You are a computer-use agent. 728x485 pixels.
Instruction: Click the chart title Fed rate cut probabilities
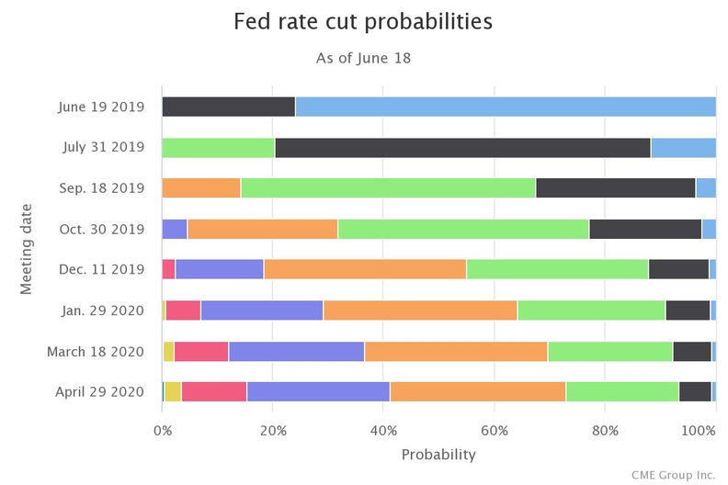click(x=363, y=21)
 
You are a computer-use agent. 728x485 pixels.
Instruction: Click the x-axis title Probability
click(x=438, y=454)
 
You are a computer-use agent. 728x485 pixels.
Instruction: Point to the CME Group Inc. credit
click(x=672, y=474)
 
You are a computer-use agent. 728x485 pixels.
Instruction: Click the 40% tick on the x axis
click(x=383, y=429)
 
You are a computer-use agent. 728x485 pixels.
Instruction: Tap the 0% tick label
click(x=163, y=429)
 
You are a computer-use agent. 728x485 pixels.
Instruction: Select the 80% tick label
click(x=605, y=429)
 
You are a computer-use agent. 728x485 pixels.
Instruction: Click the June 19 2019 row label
click(x=102, y=106)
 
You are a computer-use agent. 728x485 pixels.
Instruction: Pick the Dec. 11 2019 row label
click(x=101, y=269)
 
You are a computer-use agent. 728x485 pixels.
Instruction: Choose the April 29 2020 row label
click(x=100, y=391)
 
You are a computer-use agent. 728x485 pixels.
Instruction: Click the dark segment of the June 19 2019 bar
click(x=228, y=106)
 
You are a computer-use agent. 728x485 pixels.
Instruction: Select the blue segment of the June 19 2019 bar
click(x=505, y=106)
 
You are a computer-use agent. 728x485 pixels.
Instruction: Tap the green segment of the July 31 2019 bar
click(x=218, y=147)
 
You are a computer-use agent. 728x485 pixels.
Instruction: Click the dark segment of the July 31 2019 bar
click(x=462, y=147)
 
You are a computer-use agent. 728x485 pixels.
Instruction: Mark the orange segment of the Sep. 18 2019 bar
click(x=201, y=187)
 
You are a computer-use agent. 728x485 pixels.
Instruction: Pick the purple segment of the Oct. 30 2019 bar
click(x=175, y=229)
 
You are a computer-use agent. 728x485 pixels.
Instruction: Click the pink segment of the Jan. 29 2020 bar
click(x=183, y=310)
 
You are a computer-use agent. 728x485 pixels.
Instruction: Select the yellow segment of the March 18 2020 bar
click(x=168, y=351)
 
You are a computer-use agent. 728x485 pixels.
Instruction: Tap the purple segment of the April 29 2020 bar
click(x=318, y=391)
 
